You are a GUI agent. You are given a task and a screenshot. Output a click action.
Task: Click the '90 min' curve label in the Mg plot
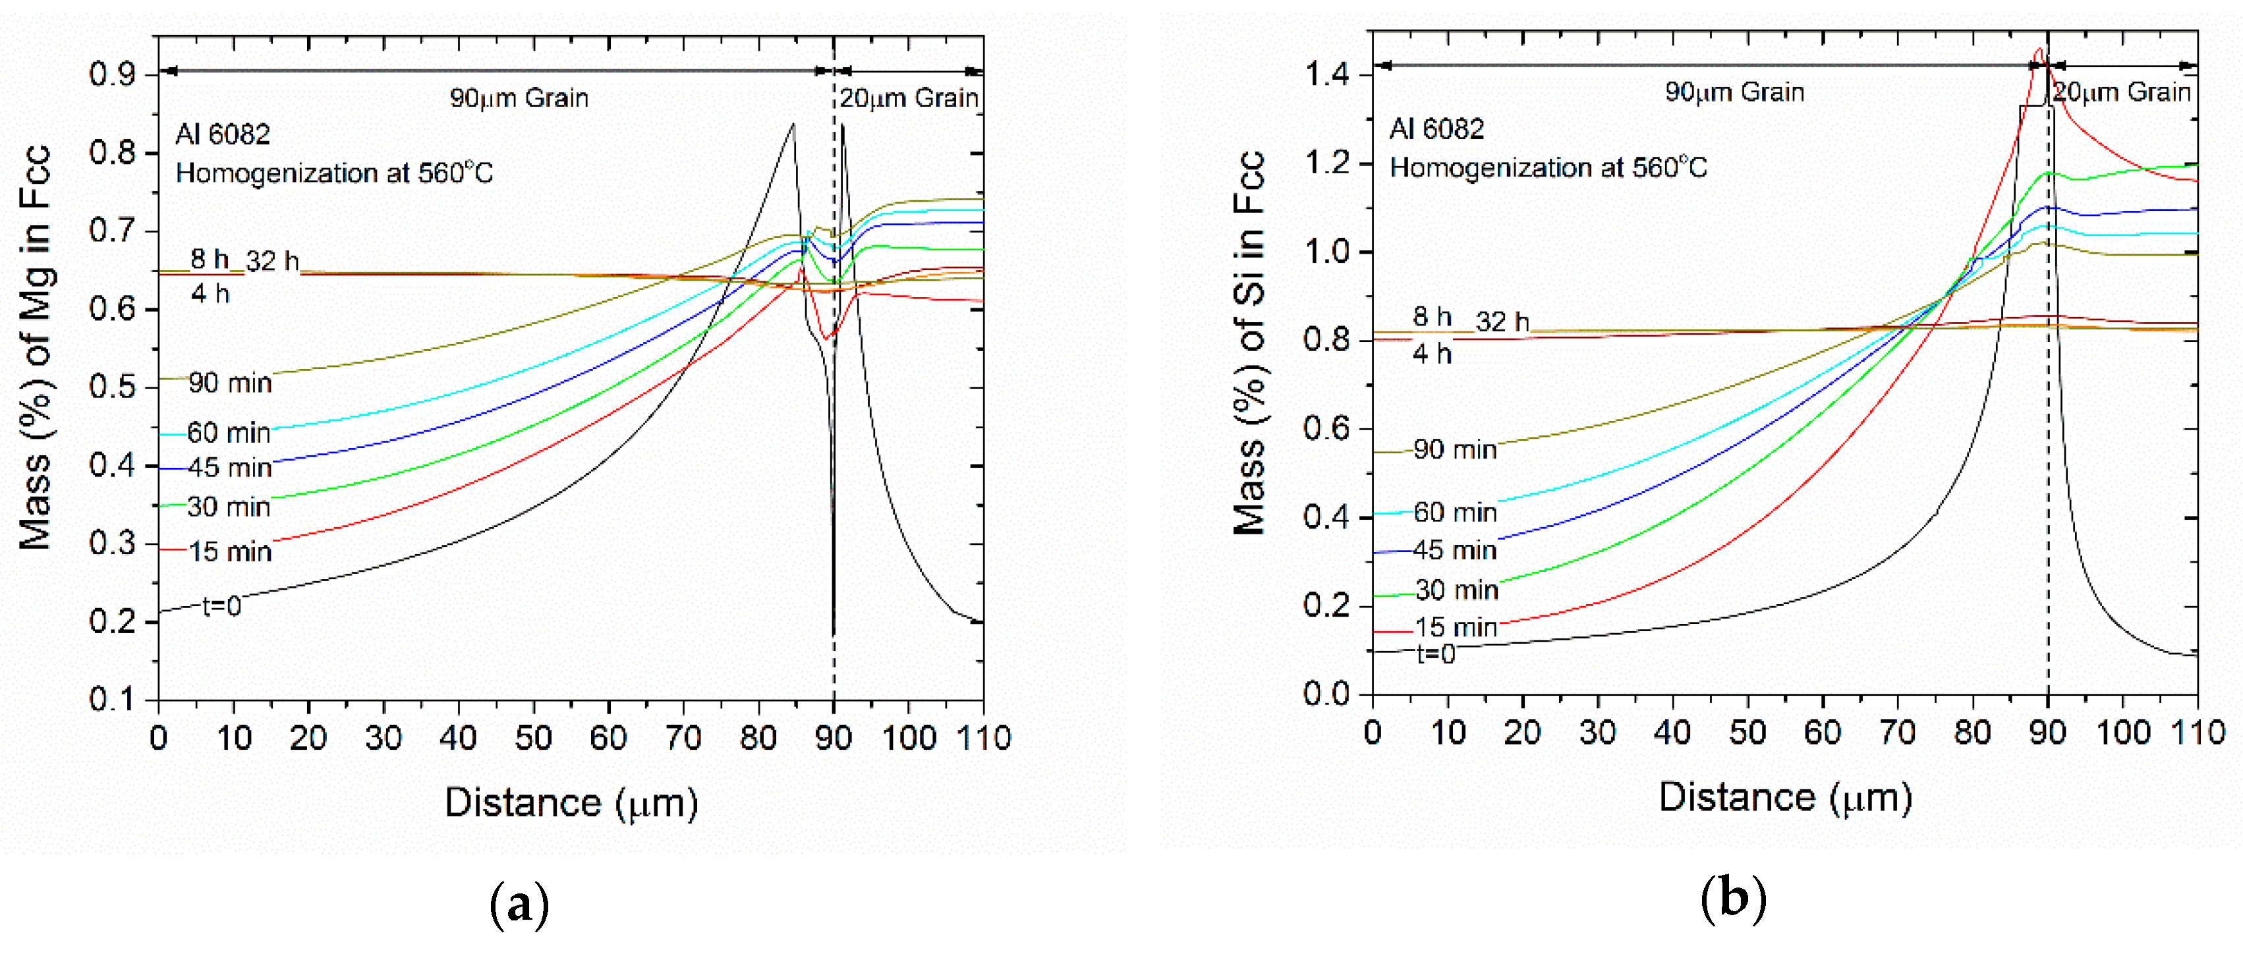[x=230, y=383]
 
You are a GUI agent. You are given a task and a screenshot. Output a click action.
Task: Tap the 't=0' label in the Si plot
[x=1436, y=653]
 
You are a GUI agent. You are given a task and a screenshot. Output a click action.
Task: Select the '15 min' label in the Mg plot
[x=230, y=551]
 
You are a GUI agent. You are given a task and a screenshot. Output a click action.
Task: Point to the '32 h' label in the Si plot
[x=1502, y=322]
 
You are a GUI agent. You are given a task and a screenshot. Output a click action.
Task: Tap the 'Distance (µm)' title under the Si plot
[x=1785, y=797]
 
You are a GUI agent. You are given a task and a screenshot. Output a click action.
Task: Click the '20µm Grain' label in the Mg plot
[x=909, y=98]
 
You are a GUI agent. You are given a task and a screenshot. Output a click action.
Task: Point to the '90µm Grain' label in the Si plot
[x=1734, y=92]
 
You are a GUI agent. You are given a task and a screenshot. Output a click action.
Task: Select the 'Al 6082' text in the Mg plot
[x=223, y=134]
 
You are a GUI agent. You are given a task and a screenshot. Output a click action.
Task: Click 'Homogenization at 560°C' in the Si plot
[x=1548, y=167]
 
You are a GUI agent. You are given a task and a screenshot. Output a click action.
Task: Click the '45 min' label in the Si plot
[x=1454, y=550]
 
